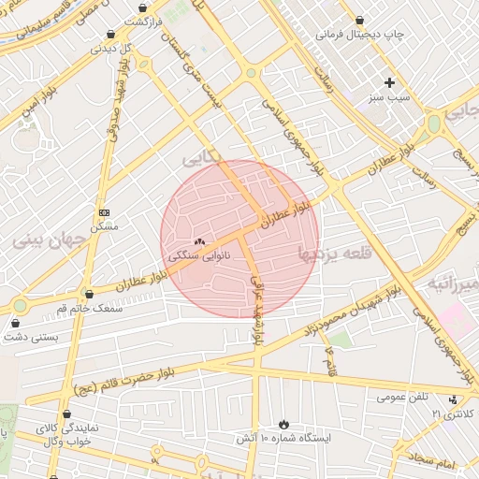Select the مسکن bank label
click(x=104, y=226)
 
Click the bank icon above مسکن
click(x=104, y=213)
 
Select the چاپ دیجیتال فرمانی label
click(x=360, y=35)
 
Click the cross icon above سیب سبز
click(x=389, y=82)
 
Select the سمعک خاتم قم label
click(x=90, y=308)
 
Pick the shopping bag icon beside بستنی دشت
click(x=15, y=324)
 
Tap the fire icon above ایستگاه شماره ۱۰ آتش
click(x=283, y=424)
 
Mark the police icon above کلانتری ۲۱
click(x=454, y=400)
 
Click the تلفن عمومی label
click(x=404, y=397)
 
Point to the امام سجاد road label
click(x=430, y=461)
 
